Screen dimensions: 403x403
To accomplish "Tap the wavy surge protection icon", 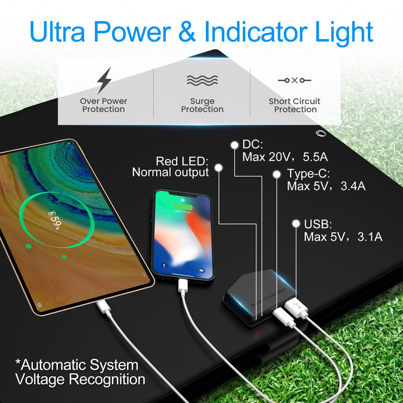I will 202,80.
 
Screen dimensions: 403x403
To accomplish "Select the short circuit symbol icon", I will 295,80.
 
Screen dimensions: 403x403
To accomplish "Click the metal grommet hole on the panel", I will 320,133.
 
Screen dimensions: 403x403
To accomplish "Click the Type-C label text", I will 308,174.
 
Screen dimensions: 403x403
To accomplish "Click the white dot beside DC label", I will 234,145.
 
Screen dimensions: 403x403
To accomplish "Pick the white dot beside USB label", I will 296,223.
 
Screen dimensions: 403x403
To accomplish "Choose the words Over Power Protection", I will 103,105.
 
